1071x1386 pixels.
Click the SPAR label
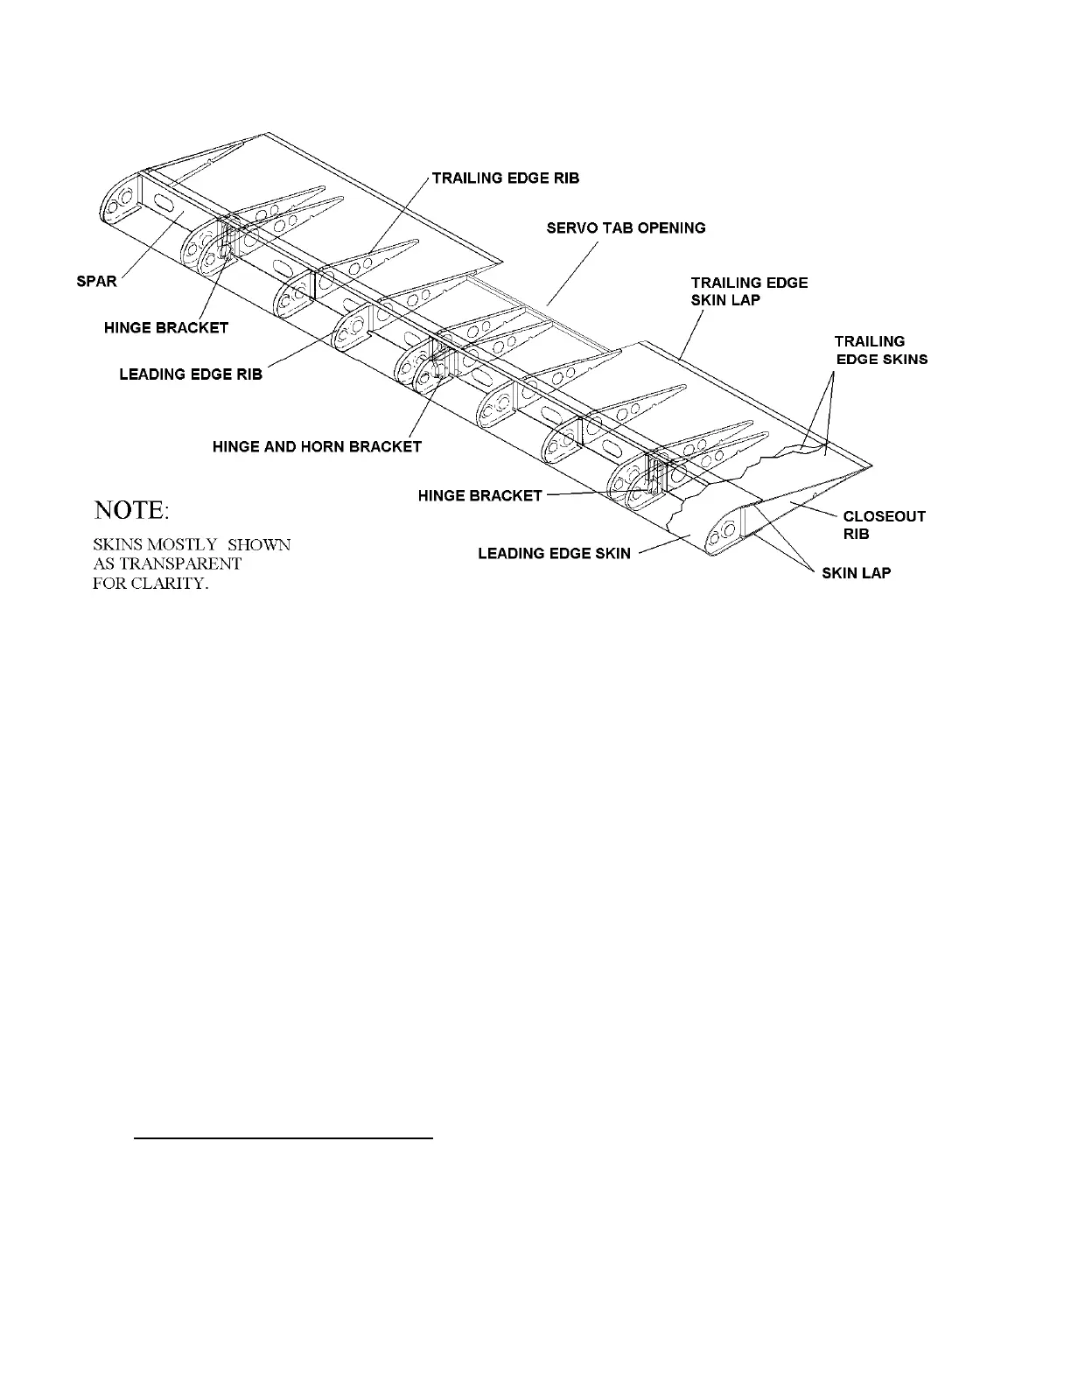point(96,282)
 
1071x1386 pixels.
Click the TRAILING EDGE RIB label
point(506,178)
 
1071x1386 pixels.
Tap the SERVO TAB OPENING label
point(626,227)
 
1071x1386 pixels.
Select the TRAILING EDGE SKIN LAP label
point(749,290)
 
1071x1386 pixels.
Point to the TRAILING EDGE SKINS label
point(880,350)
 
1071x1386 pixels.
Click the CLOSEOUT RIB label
point(884,525)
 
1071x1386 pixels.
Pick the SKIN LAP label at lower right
point(857,574)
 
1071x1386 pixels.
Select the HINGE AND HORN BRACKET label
point(317,446)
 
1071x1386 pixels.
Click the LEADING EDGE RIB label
point(191,374)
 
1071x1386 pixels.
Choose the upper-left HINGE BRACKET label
point(166,327)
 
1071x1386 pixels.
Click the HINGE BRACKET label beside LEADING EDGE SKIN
point(479,496)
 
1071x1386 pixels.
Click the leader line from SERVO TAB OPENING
point(572,273)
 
